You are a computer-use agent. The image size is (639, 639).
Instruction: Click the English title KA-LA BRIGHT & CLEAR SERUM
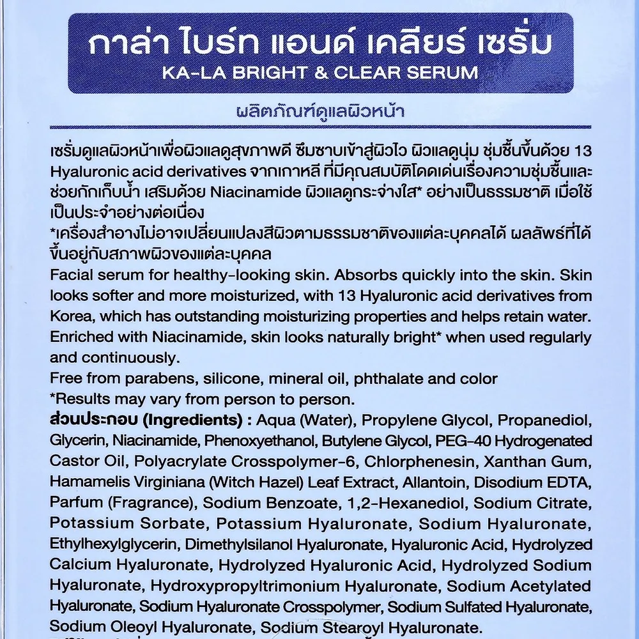pyautogui.click(x=320, y=72)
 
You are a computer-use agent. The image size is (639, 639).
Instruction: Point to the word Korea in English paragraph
pyautogui.click(x=70, y=317)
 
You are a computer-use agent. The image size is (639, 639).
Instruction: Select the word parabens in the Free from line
pyautogui.click(x=149, y=378)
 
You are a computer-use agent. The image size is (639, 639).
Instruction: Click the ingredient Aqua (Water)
pyautogui.click(x=299, y=420)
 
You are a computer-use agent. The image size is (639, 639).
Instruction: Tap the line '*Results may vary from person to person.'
pyautogui.click(x=201, y=400)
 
